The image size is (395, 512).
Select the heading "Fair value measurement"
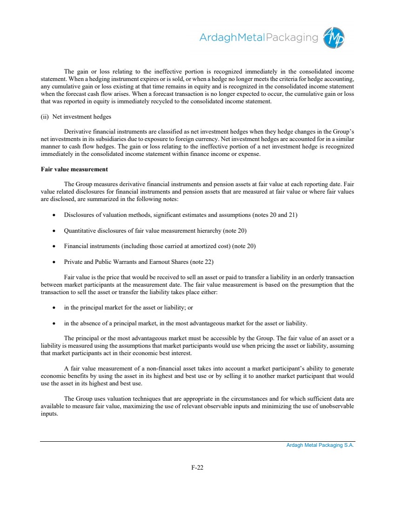74,169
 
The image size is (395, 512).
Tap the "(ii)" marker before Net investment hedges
45,116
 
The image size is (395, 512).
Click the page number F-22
197,468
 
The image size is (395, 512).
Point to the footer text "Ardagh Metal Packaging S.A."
320,445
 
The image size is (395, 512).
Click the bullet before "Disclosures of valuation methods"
55,215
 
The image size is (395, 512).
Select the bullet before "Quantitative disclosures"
55,230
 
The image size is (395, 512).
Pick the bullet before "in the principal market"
55,308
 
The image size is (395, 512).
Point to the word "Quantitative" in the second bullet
80,230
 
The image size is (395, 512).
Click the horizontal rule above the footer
197,441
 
